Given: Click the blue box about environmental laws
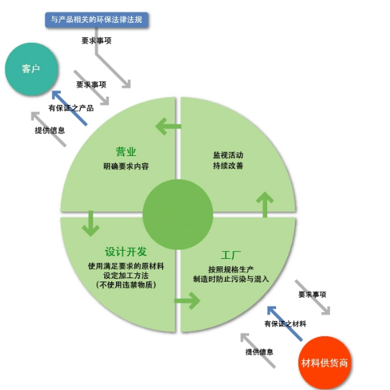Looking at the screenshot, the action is tap(97, 19).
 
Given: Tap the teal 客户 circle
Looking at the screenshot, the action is tap(32, 69).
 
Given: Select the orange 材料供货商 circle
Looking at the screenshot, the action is tap(324, 363).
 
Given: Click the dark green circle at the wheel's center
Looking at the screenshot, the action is tap(178, 215).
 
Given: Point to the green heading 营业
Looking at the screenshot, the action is tap(126, 152).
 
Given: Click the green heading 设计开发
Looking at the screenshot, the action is tap(126, 252).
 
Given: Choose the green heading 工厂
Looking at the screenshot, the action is tap(231, 255).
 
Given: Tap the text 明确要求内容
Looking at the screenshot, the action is tap(126, 166).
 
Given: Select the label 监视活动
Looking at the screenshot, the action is tap(228, 155).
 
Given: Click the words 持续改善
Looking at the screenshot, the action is tap(228, 166).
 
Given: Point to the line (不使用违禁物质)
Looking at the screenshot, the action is tap(126, 284).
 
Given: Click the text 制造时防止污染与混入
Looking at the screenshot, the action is tap(231, 279).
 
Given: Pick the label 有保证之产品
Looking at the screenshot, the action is tap(71, 108).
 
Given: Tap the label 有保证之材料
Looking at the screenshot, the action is tap(285, 324).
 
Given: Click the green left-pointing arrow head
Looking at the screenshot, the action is tap(161, 126).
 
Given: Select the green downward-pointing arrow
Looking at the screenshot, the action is tap(91, 224).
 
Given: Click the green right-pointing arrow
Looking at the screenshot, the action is tap(187, 301).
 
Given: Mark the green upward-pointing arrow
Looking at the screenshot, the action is tap(265, 204).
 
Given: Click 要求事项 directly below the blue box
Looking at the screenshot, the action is tap(97, 41).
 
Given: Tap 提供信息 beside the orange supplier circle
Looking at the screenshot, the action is tap(260, 352).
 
